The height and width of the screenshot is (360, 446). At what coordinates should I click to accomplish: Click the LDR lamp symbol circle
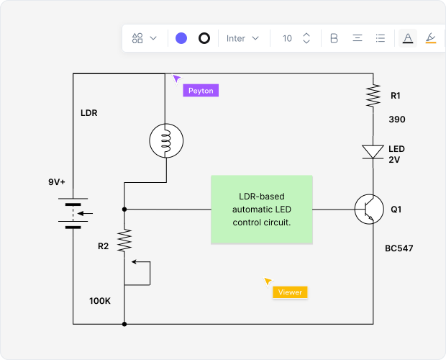pos(165,140)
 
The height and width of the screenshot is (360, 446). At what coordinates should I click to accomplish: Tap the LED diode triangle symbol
pos(373,151)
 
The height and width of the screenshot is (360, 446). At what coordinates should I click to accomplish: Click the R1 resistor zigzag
pos(373,96)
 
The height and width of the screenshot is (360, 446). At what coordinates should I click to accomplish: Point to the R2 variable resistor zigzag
pos(124,240)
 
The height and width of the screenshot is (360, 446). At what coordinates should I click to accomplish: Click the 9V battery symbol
pos(73,213)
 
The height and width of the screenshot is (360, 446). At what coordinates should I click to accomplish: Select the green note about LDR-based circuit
pos(262,210)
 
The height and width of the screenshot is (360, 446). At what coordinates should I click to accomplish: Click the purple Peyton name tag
pos(200,91)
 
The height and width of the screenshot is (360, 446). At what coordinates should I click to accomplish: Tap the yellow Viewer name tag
pos(290,292)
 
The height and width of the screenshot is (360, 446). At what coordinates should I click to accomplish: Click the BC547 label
pos(399,248)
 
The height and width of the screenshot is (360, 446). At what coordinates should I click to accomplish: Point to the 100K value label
pos(100,300)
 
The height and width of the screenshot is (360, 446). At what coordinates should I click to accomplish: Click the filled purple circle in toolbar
pos(181,38)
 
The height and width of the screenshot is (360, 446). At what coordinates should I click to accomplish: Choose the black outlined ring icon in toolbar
pos(204,38)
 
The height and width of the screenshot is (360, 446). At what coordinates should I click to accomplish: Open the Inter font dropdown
pos(242,38)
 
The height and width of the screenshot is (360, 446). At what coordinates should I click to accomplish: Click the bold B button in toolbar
pos(334,38)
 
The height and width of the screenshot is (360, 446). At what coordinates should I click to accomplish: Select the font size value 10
pos(287,38)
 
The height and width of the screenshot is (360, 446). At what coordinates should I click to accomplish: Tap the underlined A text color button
pos(408,38)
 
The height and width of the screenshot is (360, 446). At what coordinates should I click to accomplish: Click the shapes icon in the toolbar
pos(138,38)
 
